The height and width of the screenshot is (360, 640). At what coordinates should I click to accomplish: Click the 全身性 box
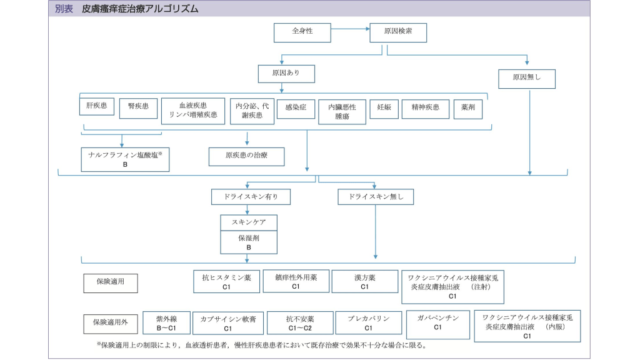[x=302, y=32]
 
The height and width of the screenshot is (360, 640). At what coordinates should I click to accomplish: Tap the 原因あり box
[x=286, y=74]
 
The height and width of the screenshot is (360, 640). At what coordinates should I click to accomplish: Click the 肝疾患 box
[x=96, y=107]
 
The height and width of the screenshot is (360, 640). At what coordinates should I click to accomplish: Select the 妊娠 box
[x=384, y=108]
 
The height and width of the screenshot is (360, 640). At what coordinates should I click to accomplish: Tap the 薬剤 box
[x=468, y=107]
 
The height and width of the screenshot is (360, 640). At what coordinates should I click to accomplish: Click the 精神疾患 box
[x=425, y=108]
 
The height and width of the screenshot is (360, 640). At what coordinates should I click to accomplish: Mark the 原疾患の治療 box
[x=246, y=156]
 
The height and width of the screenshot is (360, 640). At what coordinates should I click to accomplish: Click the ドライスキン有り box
[x=251, y=197]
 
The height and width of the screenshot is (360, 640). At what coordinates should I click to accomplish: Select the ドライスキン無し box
[x=376, y=197]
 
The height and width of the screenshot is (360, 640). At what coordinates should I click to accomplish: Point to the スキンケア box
[x=249, y=222]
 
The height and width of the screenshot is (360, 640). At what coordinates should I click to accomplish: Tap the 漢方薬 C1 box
[x=364, y=281]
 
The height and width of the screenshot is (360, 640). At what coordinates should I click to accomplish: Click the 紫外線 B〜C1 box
[x=166, y=323]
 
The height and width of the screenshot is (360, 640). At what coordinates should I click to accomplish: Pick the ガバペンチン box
[x=437, y=322]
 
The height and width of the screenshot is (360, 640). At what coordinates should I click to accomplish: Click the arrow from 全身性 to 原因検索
[x=350, y=29]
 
